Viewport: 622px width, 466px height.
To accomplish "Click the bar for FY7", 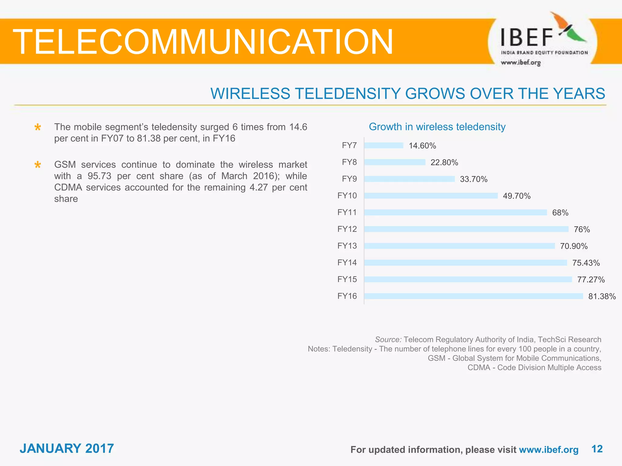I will coord(384,146).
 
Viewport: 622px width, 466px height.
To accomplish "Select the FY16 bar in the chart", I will coord(473,296).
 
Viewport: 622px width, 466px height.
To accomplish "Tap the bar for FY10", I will coord(431,196).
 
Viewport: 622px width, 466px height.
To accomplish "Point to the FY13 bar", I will coord(459,246).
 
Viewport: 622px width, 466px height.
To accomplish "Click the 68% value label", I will coord(560,213).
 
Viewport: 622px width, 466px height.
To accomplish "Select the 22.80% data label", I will coord(444,163).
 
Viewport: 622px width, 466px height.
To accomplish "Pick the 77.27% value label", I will coord(591,279).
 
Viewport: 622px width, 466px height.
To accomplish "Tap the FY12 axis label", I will coord(347,229).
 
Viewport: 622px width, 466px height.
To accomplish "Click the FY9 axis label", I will coord(349,179).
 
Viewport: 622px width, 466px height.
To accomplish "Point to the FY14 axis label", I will coord(347,262).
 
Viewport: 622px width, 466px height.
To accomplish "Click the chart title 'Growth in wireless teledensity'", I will coord(437,127).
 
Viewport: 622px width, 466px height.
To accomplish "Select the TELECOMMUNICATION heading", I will coord(203,42).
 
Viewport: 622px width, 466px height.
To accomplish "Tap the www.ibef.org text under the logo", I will coord(521,63).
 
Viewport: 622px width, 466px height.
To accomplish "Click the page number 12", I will coord(597,449).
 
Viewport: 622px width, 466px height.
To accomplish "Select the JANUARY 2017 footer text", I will coord(67,448).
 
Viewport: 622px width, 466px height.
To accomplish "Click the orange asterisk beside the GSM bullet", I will coord(38,165).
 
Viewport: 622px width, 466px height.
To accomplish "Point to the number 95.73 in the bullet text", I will coord(99,176).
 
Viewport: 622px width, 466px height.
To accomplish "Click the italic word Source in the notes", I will coord(388,339).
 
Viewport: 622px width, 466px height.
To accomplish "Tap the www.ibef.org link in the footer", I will coord(549,450).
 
